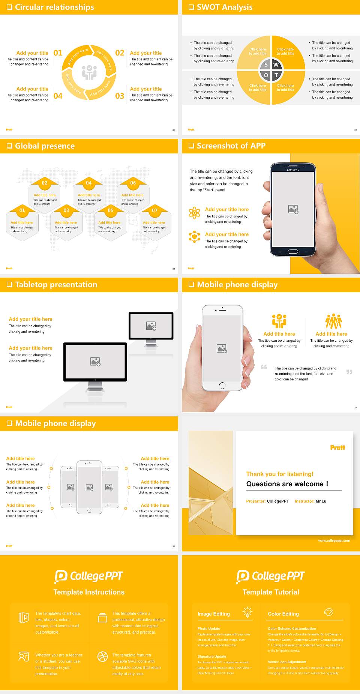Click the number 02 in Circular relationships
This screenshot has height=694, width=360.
pyautogui.click(x=120, y=53)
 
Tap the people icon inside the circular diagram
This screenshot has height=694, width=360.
pyautogui.click(x=89, y=72)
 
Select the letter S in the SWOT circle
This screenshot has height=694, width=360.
pyautogui.click(x=266, y=65)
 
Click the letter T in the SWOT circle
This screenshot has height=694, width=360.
pyautogui.click(x=276, y=75)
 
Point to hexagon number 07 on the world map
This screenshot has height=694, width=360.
pyautogui.click(x=154, y=210)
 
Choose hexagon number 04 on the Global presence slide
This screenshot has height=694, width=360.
pyautogui.click(x=88, y=183)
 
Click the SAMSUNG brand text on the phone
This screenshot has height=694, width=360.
pyautogui.click(x=293, y=170)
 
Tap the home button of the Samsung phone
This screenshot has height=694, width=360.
pyautogui.click(x=293, y=251)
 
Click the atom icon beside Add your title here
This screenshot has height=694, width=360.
pyautogui.click(x=194, y=213)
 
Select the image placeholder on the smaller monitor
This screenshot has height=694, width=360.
pyautogui.click(x=151, y=326)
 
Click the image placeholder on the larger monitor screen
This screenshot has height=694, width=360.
pyautogui.click(x=95, y=361)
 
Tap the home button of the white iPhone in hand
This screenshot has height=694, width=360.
pyautogui.click(x=222, y=385)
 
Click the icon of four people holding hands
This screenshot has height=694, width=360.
pyautogui.click(x=333, y=321)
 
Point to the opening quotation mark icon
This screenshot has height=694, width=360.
pyautogui.click(x=264, y=367)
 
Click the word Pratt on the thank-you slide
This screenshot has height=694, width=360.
pyautogui.click(x=337, y=448)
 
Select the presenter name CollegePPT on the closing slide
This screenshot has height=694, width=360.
pyautogui.click(x=278, y=501)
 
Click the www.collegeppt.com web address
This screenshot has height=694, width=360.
pyautogui.click(x=334, y=541)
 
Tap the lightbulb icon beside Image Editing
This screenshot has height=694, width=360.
pyautogui.click(x=247, y=612)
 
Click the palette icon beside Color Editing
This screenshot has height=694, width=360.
pyautogui.click(x=328, y=612)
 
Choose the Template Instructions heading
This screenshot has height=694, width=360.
pyautogui.click(x=89, y=592)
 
